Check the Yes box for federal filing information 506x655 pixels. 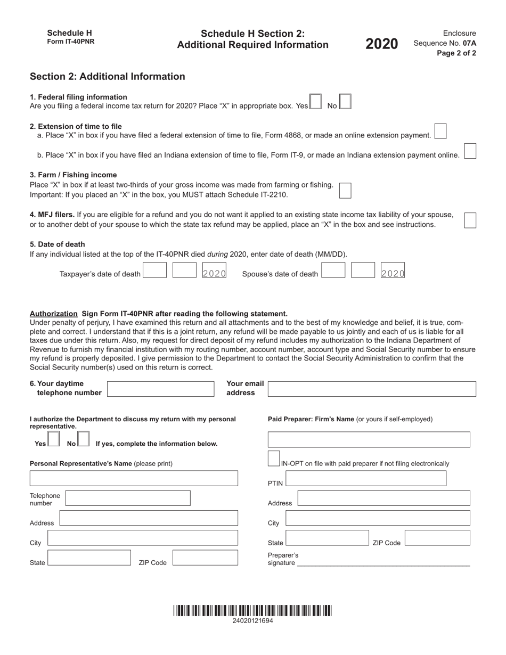(x=315, y=102)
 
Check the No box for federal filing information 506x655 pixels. (x=345, y=102)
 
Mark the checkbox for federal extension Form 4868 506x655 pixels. (x=440, y=131)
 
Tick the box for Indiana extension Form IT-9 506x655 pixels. (x=470, y=151)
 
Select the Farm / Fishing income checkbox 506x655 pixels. (x=345, y=190)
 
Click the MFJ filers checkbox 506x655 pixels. (x=470, y=220)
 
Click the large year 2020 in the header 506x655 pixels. (x=381, y=44)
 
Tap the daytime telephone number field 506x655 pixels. (x=161, y=389)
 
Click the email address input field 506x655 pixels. (x=372, y=389)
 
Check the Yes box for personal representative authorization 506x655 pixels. (x=54, y=439)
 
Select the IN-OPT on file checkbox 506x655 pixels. (x=274, y=458)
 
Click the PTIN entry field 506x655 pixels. (x=366, y=479)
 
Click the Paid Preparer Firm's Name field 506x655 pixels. (x=369, y=439)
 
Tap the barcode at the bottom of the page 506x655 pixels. (x=252, y=611)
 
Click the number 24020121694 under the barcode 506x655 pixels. (x=252, y=621)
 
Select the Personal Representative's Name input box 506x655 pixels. (x=134, y=478)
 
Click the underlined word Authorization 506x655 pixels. (x=54, y=314)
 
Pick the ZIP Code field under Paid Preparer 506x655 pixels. (x=437, y=538)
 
